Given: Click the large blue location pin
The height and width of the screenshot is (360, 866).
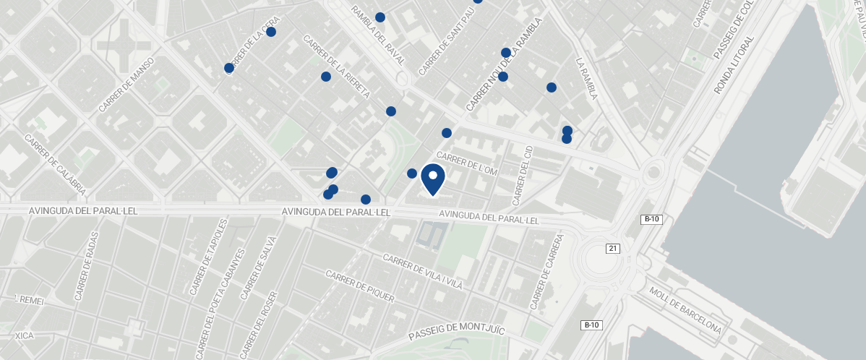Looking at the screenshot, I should (x=432, y=178).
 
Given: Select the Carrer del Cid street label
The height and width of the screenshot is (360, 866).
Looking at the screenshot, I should (x=522, y=174).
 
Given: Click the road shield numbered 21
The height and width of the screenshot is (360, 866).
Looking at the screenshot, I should (x=613, y=249).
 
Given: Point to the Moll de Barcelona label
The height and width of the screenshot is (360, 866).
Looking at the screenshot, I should (x=685, y=310).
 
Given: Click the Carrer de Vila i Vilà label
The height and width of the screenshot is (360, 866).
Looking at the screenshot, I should (x=422, y=273).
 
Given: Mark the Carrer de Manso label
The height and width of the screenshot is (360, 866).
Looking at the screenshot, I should (x=127, y=84).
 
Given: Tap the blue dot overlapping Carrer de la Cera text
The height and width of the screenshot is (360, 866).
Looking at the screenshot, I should (x=229, y=68).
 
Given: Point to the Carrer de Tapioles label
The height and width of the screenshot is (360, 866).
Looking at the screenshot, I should (x=208, y=258).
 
